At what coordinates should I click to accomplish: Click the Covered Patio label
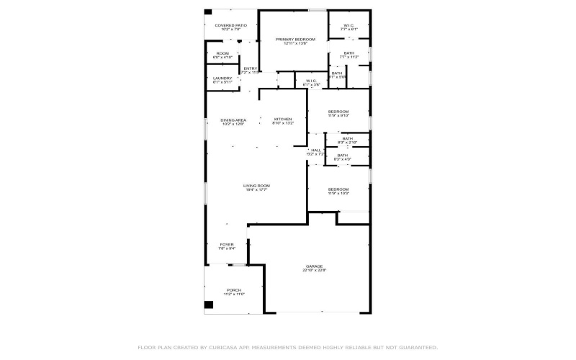pyautogui.click(x=230, y=26)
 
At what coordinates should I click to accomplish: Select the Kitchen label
pyautogui.click(x=283, y=120)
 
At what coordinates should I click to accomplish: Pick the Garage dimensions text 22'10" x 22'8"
pyautogui.click(x=315, y=271)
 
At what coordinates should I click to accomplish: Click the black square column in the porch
pyautogui.click(x=209, y=305)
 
